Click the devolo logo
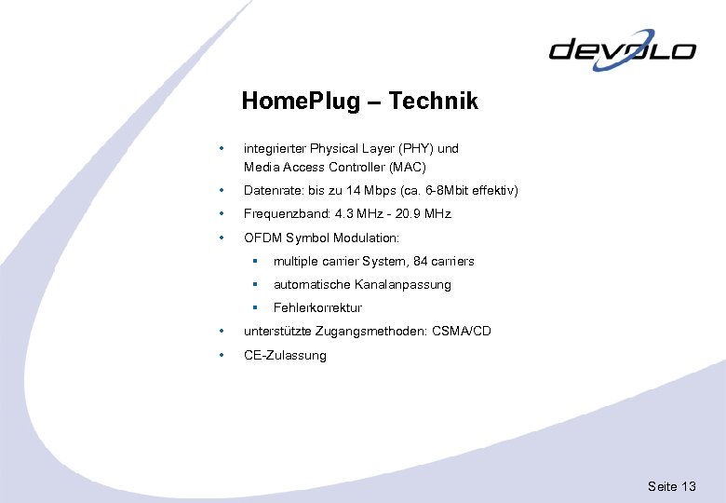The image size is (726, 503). (x=622, y=49)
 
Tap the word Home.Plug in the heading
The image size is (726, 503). (x=300, y=102)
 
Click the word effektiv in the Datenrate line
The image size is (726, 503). (x=491, y=191)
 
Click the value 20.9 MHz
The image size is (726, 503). (x=423, y=214)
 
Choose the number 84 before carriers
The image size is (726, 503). (x=422, y=262)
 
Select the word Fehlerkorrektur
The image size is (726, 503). (x=317, y=308)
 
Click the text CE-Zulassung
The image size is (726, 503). (x=285, y=356)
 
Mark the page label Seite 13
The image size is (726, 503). (x=672, y=487)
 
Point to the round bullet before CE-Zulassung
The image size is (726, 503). (x=221, y=355)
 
